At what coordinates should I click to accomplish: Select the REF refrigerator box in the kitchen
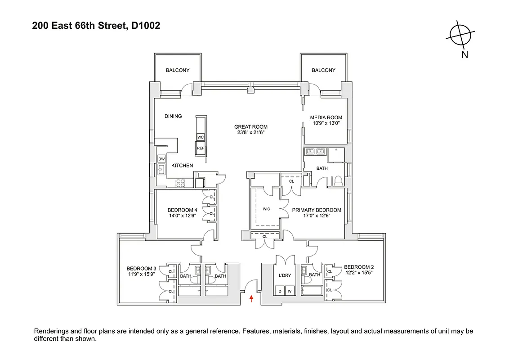[201, 148]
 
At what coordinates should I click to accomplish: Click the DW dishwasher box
[162, 159]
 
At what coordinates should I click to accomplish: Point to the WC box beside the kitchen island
[201, 137]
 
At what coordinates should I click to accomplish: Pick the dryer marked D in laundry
[279, 291]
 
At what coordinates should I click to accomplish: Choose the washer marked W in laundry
[290, 291]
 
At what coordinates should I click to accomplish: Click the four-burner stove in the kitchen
[181, 183]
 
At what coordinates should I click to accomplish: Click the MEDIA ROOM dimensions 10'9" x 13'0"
[326, 122]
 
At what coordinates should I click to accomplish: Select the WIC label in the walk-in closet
[266, 209]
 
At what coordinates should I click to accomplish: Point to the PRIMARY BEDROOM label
[317, 210]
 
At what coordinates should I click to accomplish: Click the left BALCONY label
[178, 70]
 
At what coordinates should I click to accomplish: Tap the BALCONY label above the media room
[323, 70]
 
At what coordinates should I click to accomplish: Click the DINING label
[173, 116]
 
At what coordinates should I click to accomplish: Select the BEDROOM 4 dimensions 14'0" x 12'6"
[182, 215]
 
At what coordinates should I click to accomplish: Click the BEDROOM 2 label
[358, 267]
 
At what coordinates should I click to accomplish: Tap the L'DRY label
[285, 275]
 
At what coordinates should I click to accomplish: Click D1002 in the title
[145, 26]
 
